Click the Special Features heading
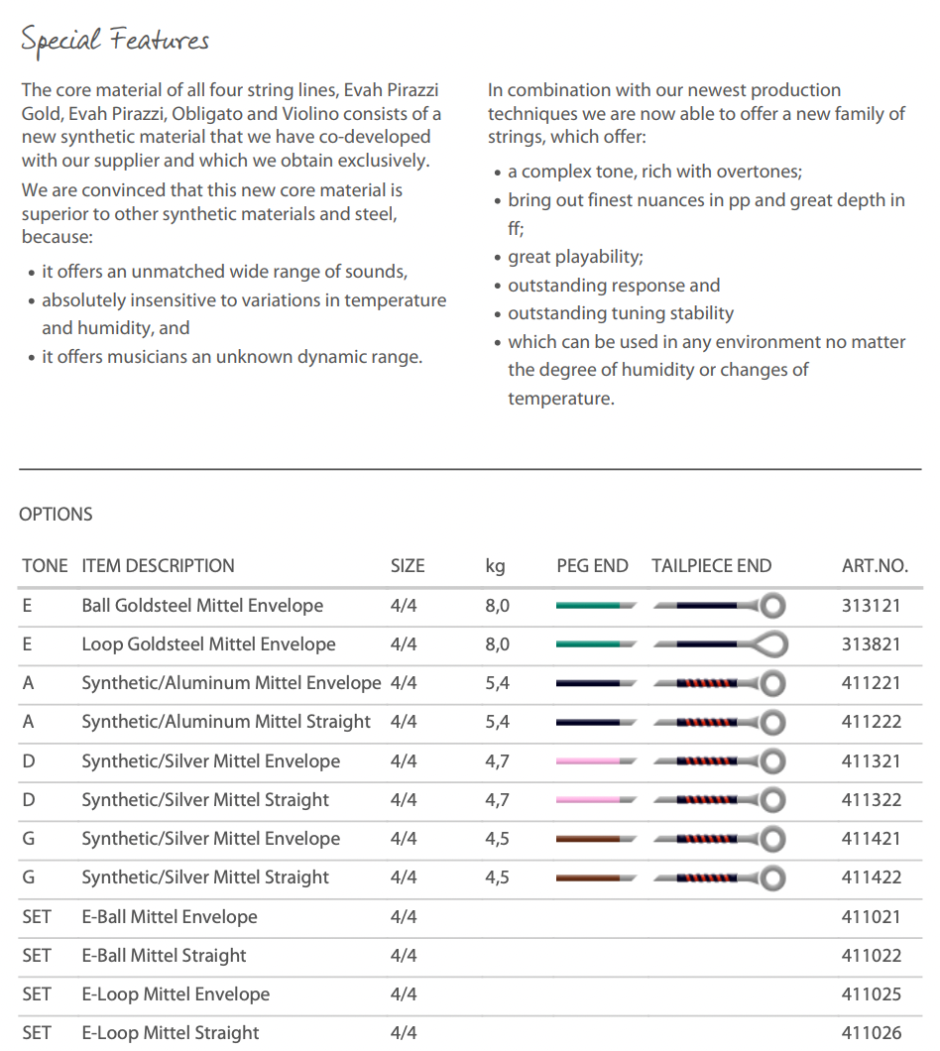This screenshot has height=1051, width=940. pyautogui.click(x=115, y=41)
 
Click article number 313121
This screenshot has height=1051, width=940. pyautogui.click(x=871, y=606)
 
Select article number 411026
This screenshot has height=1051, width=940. pyautogui.click(x=871, y=1033)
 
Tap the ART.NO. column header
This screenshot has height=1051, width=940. pyautogui.click(x=874, y=566)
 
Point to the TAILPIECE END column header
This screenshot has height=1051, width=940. pyautogui.click(x=711, y=566)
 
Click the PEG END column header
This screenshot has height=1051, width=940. pyautogui.click(x=592, y=566)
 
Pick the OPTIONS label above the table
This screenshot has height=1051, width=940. pyautogui.click(x=56, y=515)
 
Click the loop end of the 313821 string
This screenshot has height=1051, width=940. pyautogui.click(x=770, y=644)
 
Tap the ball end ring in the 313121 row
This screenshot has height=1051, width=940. pyautogui.click(x=771, y=606)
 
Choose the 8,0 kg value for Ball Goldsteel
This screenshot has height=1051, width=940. pyautogui.click(x=498, y=606)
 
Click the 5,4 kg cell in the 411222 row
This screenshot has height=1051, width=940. pyautogui.click(x=498, y=722)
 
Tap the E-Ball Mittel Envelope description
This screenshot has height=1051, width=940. pyautogui.click(x=169, y=917)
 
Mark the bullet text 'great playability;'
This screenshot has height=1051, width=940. pyautogui.click(x=575, y=257)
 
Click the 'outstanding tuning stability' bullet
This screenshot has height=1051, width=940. pyautogui.click(x=621, y=313)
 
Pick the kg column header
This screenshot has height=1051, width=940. pyautogui.click(x=495, y=566)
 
